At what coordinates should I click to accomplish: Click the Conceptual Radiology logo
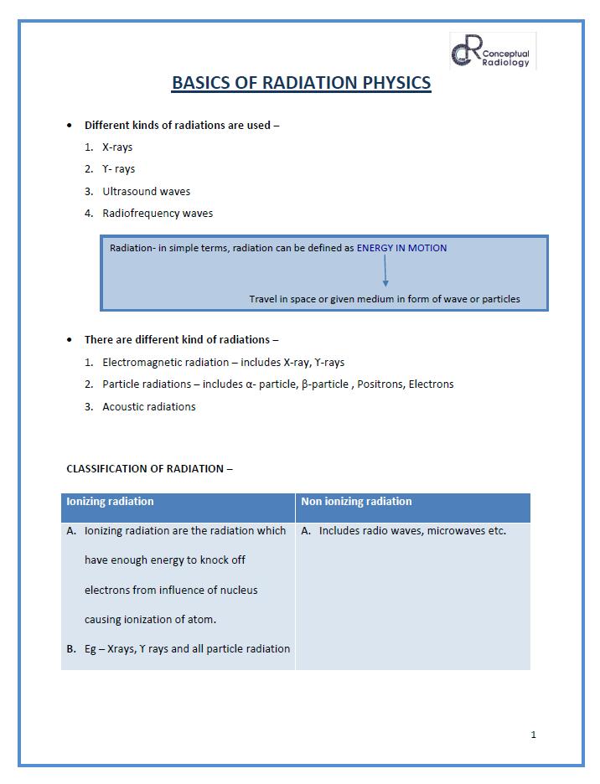click(493, 51)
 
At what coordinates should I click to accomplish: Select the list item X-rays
click(117, 147)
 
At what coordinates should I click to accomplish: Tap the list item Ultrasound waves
click(147, 191)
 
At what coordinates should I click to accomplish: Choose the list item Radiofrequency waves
click(158, 213)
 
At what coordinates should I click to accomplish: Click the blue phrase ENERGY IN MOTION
click(401, 248)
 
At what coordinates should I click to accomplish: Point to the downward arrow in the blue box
click(385, 271)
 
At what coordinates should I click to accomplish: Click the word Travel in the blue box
click(263, 299)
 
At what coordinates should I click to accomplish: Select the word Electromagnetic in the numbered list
click(143, 363)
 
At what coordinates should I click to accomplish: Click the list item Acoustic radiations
click(149, 406)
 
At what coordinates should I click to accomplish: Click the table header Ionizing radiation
click(110, 502)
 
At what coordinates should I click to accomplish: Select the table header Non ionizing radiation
click(357, 502)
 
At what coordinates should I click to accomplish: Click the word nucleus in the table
click(238, 590)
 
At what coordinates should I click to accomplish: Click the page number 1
click(534, 735)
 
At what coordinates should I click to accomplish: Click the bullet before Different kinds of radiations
click(70, 126)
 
